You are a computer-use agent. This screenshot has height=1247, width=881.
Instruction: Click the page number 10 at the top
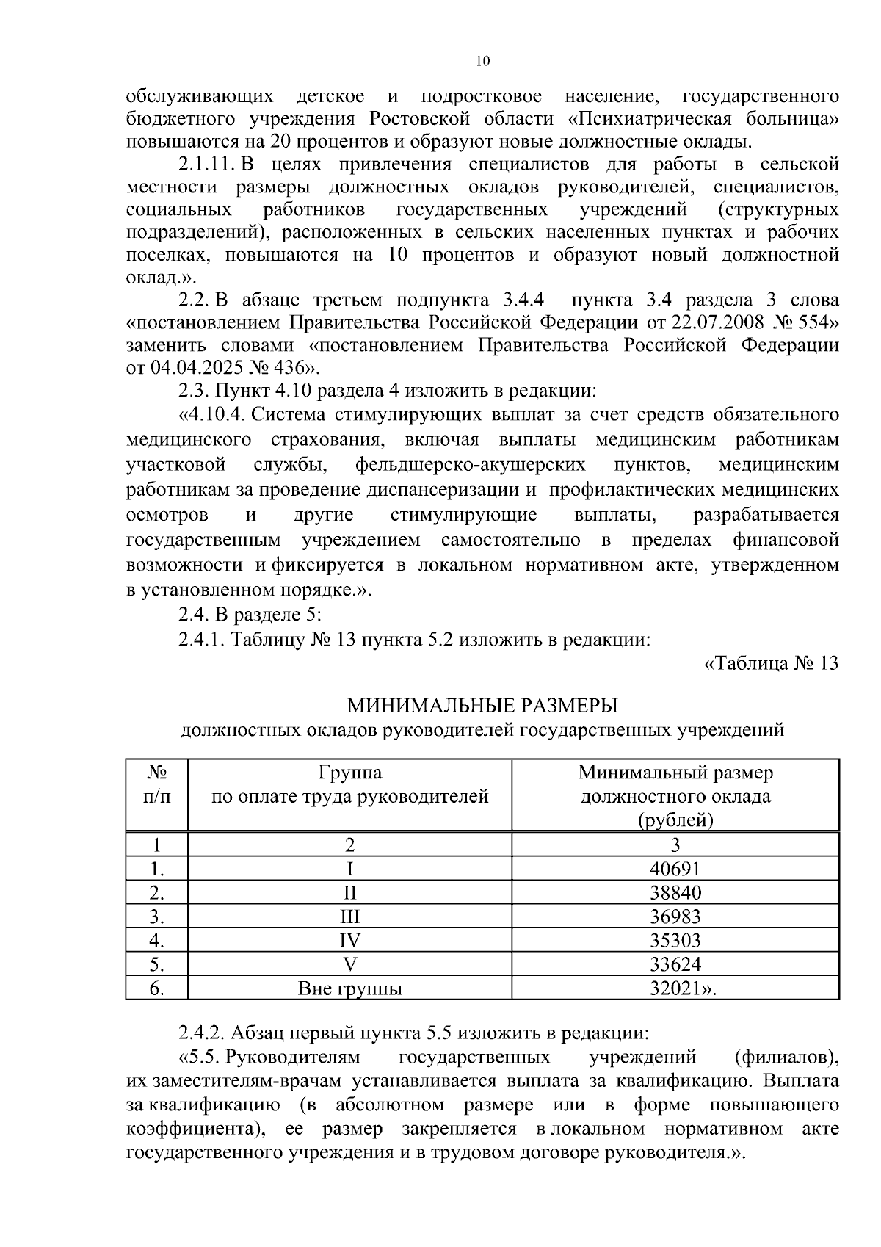coord(482,62)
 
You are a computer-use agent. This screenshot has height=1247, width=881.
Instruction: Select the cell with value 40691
coord(675,869)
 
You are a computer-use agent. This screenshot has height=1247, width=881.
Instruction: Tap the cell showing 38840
coord(675,892)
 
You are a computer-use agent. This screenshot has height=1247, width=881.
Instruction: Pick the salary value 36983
coord(675,917)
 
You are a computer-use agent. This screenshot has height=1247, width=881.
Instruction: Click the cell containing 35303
coord(675,940)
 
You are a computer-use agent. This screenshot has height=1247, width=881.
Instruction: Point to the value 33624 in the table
coord(675,964)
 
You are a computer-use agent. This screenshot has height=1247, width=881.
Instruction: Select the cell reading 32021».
coord(682,988)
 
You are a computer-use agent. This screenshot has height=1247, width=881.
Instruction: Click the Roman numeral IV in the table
coord(350,940)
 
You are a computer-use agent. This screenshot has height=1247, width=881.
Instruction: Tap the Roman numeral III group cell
coord(350,917)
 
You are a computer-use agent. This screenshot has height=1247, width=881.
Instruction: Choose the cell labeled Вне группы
coord(350,988)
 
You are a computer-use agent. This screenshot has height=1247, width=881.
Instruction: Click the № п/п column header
coord(156,784)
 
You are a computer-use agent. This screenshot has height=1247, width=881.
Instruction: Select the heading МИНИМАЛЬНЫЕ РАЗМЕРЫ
coord(482,706)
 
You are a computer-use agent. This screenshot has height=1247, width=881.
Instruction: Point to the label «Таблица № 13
coord(771,663)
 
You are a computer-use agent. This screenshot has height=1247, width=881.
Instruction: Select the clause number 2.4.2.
coord(201,1033)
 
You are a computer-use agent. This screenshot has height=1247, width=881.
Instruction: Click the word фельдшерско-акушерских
coord(470,464)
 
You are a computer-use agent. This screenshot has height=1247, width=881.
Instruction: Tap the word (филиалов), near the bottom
coord(786,1058)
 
